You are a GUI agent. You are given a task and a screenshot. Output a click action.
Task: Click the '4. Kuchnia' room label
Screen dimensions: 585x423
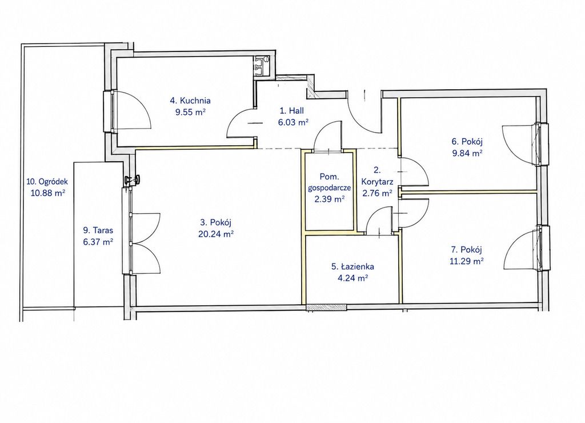(190, 101)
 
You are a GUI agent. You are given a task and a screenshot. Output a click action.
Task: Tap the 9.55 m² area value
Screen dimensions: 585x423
(190, 112)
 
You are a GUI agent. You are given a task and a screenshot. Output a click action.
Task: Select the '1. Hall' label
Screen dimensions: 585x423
(292, 110)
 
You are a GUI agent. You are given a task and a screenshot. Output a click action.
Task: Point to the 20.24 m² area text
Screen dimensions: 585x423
(217, 234)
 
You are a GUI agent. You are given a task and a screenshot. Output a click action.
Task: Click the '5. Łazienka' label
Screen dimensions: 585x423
(352, 266)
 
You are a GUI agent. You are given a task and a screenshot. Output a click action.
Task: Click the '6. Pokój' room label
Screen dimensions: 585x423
(467, 142)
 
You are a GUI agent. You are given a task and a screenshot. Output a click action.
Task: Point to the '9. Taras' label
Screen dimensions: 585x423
(98, 230)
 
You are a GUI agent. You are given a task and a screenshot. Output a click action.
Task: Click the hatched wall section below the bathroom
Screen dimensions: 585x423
(326, 308)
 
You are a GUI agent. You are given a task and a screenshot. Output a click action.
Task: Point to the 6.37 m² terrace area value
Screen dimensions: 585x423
(98, 242)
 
